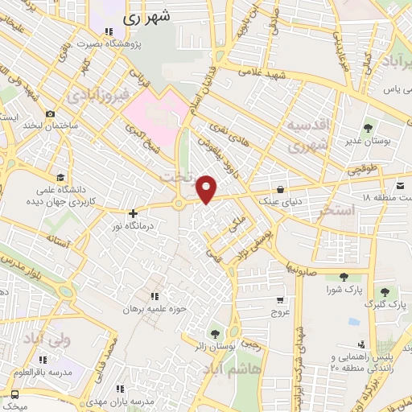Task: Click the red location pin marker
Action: coord(208,189)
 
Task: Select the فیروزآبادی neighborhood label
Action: coord(93,96)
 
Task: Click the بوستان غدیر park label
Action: coord(368,141)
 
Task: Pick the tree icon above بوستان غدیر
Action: coord(368,127)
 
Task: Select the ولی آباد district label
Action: coord(48,339)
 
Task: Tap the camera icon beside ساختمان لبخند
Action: coord(51,113)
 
